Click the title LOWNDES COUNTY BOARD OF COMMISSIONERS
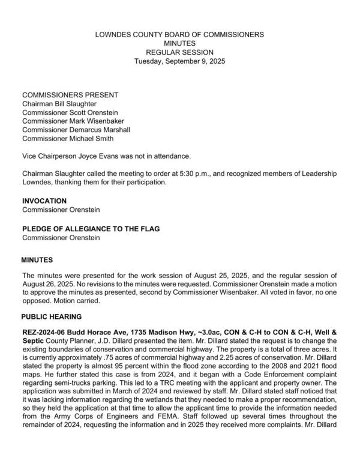pyautogui.click(x=179, y=35)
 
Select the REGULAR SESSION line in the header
pyautogui.click(x=179, y=52)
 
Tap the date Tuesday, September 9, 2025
pyautogui.click(x=179, y=61)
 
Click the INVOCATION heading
pyautogui.click(x=44, y=201)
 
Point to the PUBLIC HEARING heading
pyautogui.click(x=52, y=316)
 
